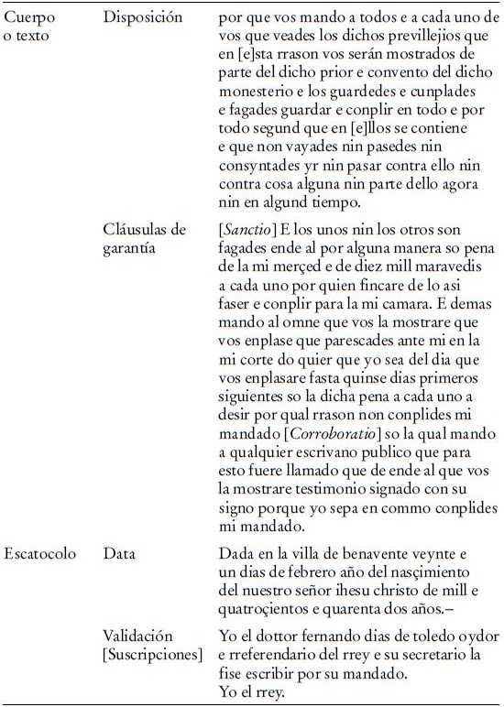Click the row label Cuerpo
pyautogui.click(x=27, y=18)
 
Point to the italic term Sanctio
pyautogui.click(x=248, y=228)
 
